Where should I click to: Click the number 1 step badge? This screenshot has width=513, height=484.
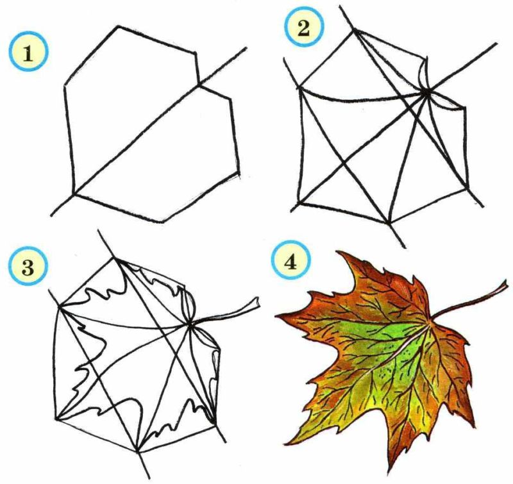pyautogui.click(x=28, y=53)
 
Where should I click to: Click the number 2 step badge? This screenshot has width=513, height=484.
pyautogui.click(x=303, y=28)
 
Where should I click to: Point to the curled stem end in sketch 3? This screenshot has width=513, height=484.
pyautogui.click(x=257, y=303)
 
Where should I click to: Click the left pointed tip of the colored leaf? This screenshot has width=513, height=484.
pyautogui.click(x=276, y=316)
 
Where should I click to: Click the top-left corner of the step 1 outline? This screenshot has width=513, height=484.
pyautogui.click(x=118, y=26)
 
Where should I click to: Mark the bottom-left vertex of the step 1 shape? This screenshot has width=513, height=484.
pyautogui.click(x=74, y=194)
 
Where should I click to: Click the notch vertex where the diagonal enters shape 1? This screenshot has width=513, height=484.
pyautogui.click(x=199, y=85)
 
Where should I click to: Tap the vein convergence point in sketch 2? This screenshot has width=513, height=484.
pyautogui.click(x=426, y=93)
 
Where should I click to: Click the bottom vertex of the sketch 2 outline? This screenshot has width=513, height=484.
pyautogui.click(x=389, y=223)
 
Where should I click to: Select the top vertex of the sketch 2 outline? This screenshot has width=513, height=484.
pyautogui.click(x=353, y=30)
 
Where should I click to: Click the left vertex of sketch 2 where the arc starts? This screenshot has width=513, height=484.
pyautogui.click(x=299, y=88)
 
